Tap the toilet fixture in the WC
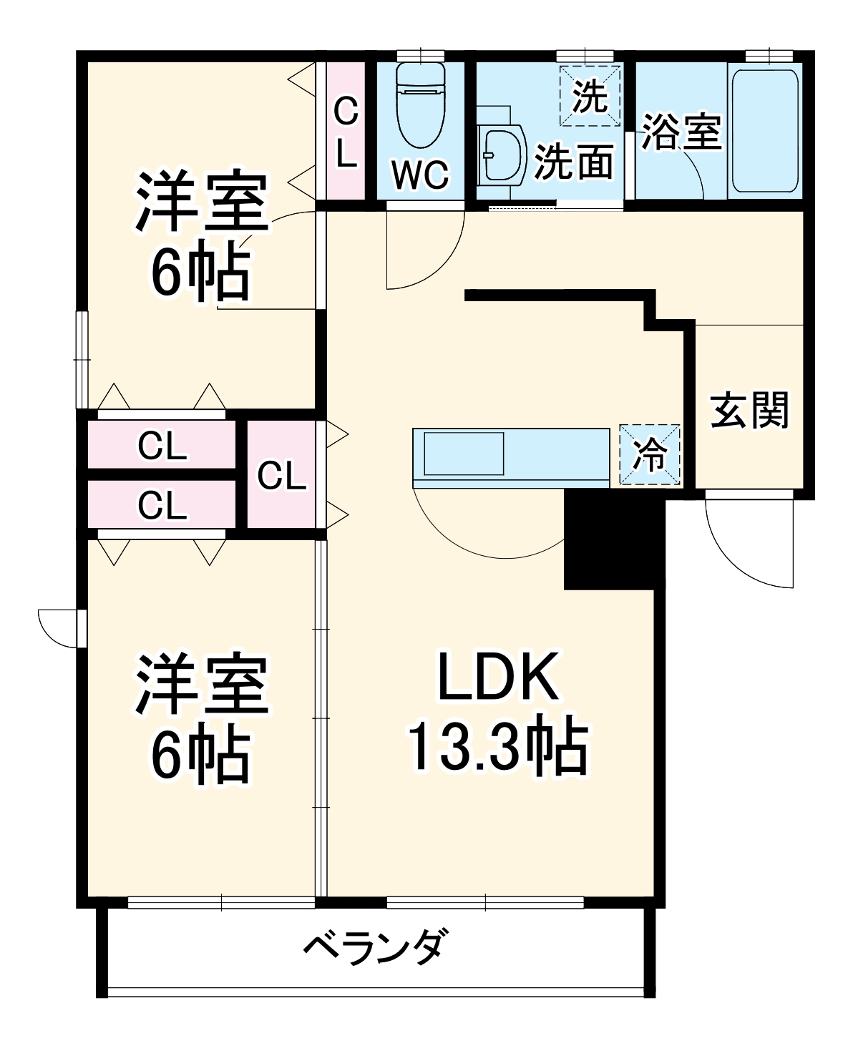coord(420,107)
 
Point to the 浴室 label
coord(681,132)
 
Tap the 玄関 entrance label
coord(749,410)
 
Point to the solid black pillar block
coord(608,540)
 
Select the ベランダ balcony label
coord(377,947)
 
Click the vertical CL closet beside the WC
coord(346,132)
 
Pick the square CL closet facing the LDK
coord(281,475)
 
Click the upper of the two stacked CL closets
coord(162,447)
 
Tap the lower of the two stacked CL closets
coord(162,506)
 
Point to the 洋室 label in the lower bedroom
coord(201,685)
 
